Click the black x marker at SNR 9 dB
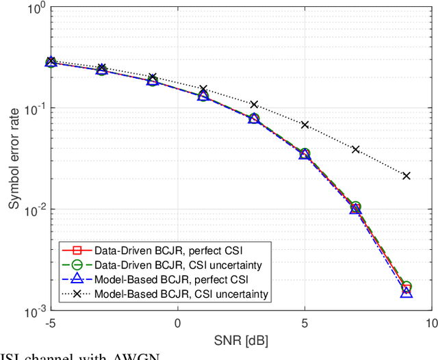click(407, 176)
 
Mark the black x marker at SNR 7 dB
click(356, 149)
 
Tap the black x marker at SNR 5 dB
click(305, 125)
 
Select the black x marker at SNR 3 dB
click(254, 104)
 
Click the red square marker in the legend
click(77, 249)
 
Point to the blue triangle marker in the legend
click(77, 279)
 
